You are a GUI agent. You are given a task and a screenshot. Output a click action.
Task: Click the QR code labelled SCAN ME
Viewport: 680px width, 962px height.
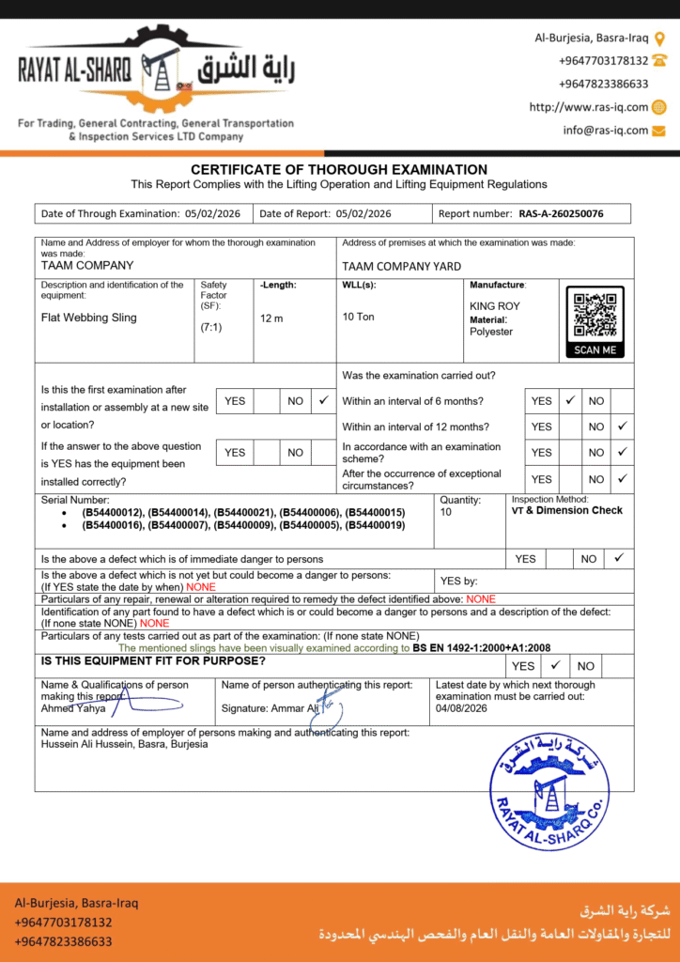tap(595, 316)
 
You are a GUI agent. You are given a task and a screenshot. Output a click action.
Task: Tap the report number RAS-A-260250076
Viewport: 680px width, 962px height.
tap(561, 213)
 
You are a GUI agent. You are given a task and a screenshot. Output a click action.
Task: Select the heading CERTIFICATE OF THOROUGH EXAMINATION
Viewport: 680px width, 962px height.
tap(339, 169)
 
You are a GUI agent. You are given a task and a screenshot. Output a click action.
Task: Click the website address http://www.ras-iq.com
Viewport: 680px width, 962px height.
tap(588, 107)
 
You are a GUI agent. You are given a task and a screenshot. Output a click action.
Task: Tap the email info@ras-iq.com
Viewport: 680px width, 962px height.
tap(606, 131)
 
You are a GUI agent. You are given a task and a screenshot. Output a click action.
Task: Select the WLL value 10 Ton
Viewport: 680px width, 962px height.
tap(358, 317)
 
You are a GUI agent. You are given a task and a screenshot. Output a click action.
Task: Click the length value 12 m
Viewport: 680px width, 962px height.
tap(271, 318)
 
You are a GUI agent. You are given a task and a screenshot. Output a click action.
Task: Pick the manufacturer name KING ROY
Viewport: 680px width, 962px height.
tap(495, 306)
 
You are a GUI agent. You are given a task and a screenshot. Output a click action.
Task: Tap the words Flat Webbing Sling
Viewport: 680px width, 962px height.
tap(89, 318)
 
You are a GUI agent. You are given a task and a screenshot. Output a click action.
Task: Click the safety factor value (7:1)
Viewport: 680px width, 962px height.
tap(211, 327)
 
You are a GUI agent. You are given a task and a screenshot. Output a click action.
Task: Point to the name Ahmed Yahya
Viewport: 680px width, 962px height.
tap(73, 708)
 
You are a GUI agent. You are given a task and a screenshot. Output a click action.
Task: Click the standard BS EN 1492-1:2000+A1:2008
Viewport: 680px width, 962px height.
tap(482, 647)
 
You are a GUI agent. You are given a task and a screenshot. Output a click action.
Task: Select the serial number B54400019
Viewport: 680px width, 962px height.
tap(375, 525)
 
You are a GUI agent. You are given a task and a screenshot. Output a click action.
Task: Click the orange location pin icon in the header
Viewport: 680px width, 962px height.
tap(659, 39)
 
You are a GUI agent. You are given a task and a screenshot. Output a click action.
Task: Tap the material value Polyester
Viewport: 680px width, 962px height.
tap(491, 332)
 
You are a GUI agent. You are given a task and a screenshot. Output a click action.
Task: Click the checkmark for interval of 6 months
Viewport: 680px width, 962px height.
tap(569, 400)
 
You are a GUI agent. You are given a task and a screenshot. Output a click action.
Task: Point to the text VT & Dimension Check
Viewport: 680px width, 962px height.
tap(566, 510)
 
